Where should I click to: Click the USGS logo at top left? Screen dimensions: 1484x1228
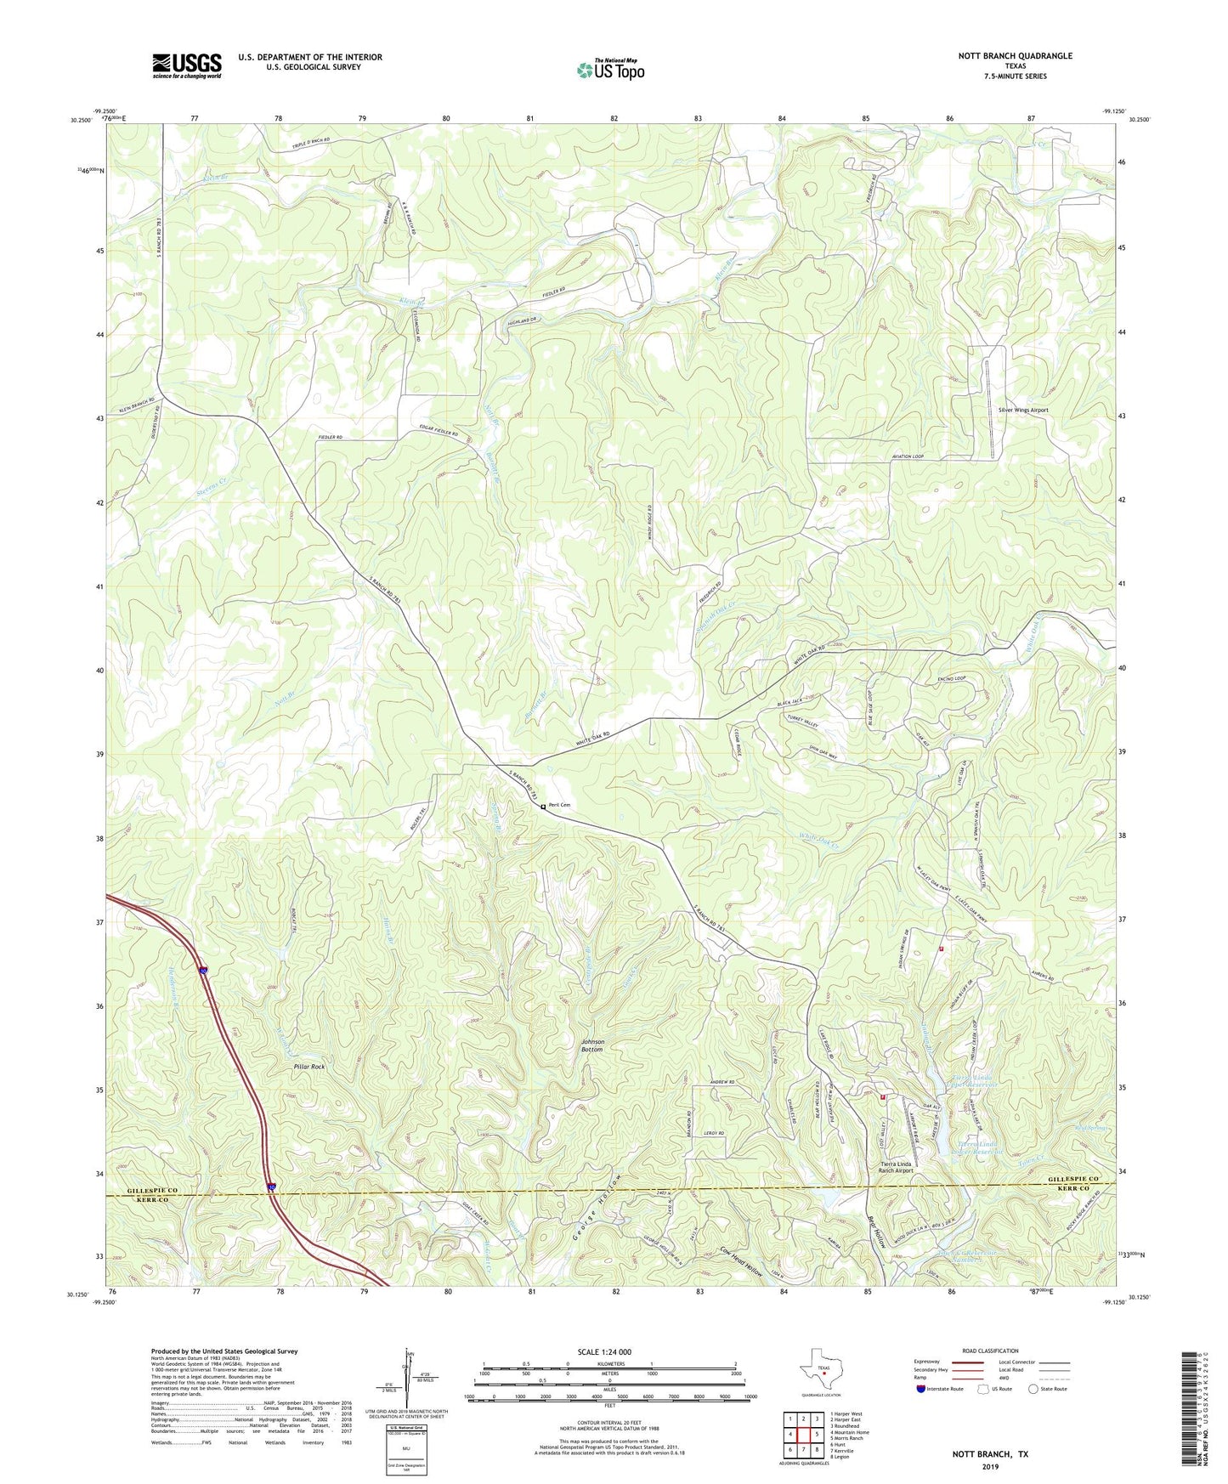(x=186, y=65)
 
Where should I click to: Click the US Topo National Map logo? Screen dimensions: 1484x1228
(x=609, y=70)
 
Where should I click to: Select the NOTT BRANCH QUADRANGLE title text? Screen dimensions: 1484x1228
(x=1003, y=56)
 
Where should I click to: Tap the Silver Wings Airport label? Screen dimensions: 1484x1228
(x=1023, y=410)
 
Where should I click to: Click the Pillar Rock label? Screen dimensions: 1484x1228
(x=309, y=1067)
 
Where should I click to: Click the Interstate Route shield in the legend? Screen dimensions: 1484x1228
(x=921, y=1390)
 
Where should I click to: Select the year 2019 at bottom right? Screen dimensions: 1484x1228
(x=989, y=1467)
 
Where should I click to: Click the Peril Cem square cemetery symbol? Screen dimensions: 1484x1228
(x=543, y=807)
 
